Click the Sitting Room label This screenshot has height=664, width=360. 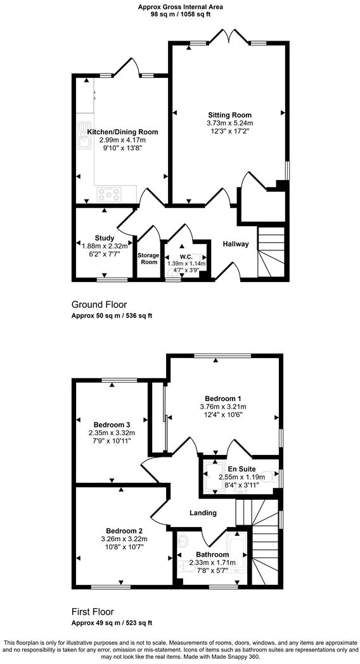click(229, 115)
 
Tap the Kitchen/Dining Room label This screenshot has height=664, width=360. click(122, 132)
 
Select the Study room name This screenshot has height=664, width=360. click(105, 238)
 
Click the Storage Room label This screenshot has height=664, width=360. click(149, 259)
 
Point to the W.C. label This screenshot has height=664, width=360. click(186, 257)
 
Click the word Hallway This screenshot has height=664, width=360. click(236, 244)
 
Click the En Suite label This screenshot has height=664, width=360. click(241, 468)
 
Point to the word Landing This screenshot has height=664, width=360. click(203, 513)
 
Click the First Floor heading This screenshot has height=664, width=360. click(93, 612)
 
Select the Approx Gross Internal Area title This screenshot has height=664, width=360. click(180, 7)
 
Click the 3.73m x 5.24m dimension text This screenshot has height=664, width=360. click(229, 123)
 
